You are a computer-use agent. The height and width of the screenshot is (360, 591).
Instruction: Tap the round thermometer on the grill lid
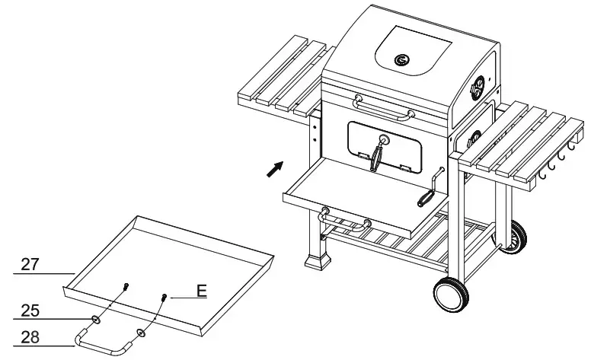(x=401, y=59)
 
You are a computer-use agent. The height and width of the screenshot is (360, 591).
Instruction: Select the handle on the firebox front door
(x=378, y=155)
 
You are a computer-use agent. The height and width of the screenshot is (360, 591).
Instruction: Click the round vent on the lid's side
(x=478, y=88)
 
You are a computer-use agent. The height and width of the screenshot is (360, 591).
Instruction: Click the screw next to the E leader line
(x=163, y=297)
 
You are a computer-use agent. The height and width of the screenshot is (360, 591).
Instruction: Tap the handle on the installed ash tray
(x=346, y=222)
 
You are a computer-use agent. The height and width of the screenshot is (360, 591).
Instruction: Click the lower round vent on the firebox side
(x=473, y=138)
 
